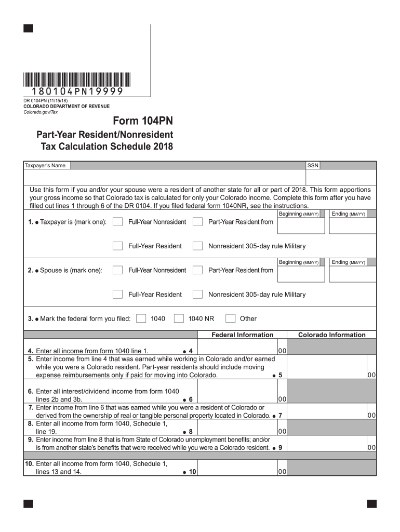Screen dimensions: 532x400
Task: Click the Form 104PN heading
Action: (143, 122)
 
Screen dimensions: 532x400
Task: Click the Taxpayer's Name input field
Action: (187, 165)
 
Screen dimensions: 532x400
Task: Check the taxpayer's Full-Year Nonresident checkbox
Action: (118, 222)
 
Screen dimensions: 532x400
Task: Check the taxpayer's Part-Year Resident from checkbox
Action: (197, 222)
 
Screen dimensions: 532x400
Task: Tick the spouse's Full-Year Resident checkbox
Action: (118, 294)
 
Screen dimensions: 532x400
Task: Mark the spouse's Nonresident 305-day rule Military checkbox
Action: (197, 294)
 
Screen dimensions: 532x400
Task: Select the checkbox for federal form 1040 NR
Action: (179, 318)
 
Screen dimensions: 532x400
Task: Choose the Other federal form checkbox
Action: (231, 318)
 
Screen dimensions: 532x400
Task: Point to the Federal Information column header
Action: (242, 335)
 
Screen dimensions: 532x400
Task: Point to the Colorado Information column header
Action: (331, 335)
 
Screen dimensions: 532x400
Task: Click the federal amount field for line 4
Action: (237, 351)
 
